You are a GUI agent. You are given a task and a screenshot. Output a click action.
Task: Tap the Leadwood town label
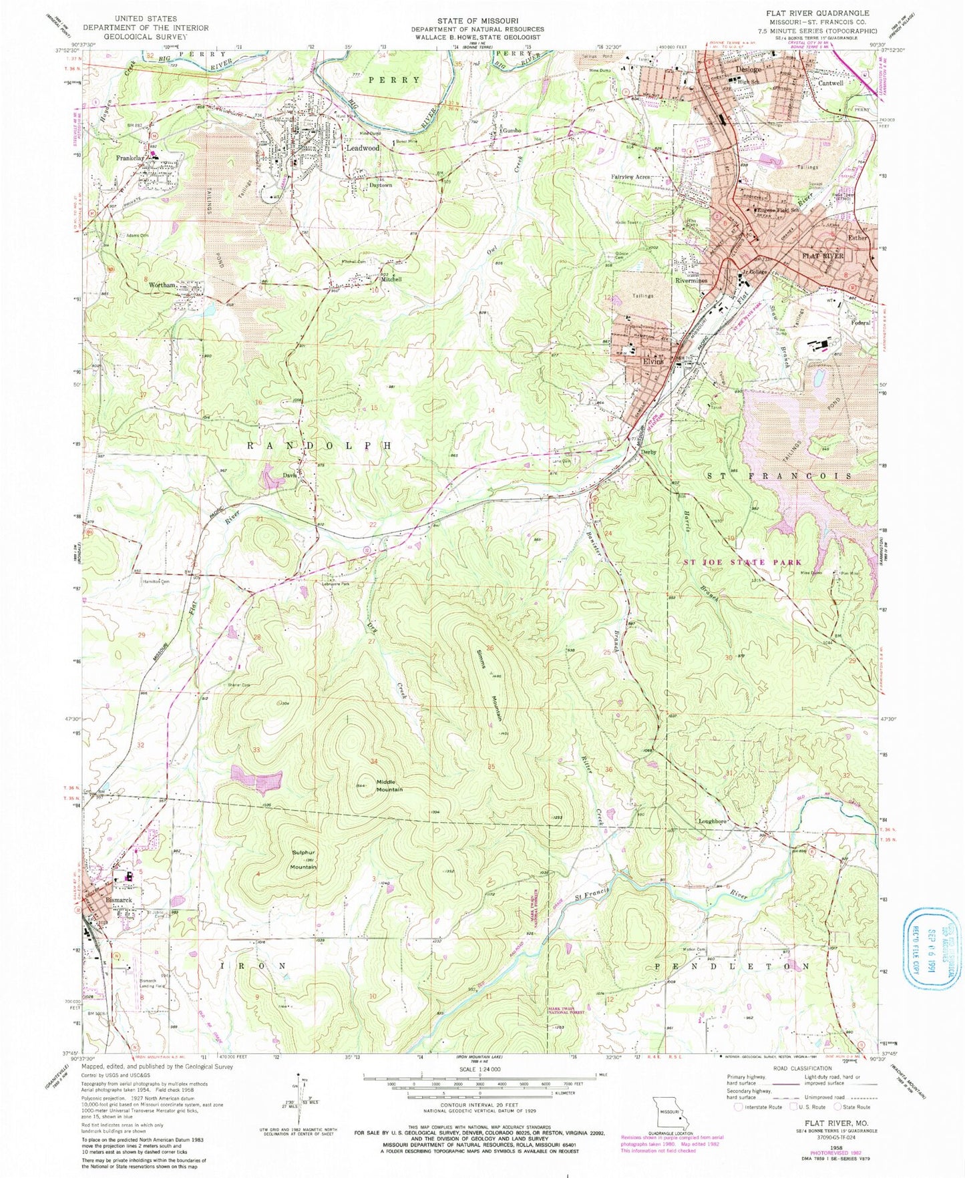[x=363, y=148]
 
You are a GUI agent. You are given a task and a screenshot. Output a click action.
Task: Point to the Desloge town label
[x=747, y=69]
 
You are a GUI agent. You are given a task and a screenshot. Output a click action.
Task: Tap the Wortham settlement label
[x=162, y=285]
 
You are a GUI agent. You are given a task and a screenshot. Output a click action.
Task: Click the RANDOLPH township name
[x=317, y=445]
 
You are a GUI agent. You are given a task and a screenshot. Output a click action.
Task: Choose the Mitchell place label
[x=391, y=280]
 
